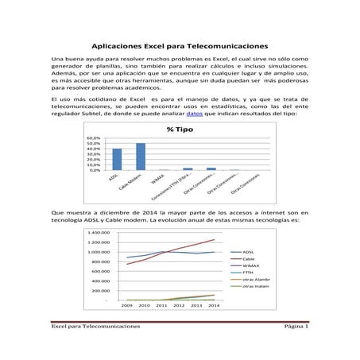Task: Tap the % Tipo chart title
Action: (x=180, y=129)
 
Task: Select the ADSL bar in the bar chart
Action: (x=117, y=159)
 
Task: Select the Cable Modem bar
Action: (x=141, y=157)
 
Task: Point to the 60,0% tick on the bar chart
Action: (x=94, y=137)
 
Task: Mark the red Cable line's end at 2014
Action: (x=214, y=239)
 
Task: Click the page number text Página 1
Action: (x=296, y=348)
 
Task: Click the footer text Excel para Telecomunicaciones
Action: (x=96, y=348)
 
